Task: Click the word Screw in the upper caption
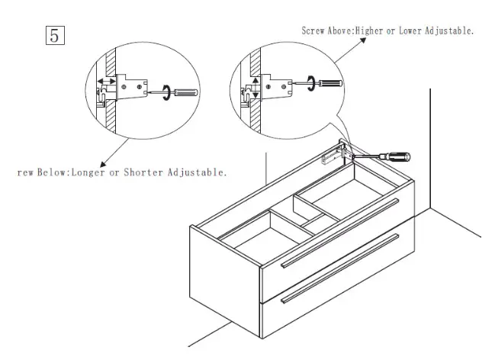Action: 314,31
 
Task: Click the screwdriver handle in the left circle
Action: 185,93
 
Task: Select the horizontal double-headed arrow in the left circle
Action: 106,80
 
